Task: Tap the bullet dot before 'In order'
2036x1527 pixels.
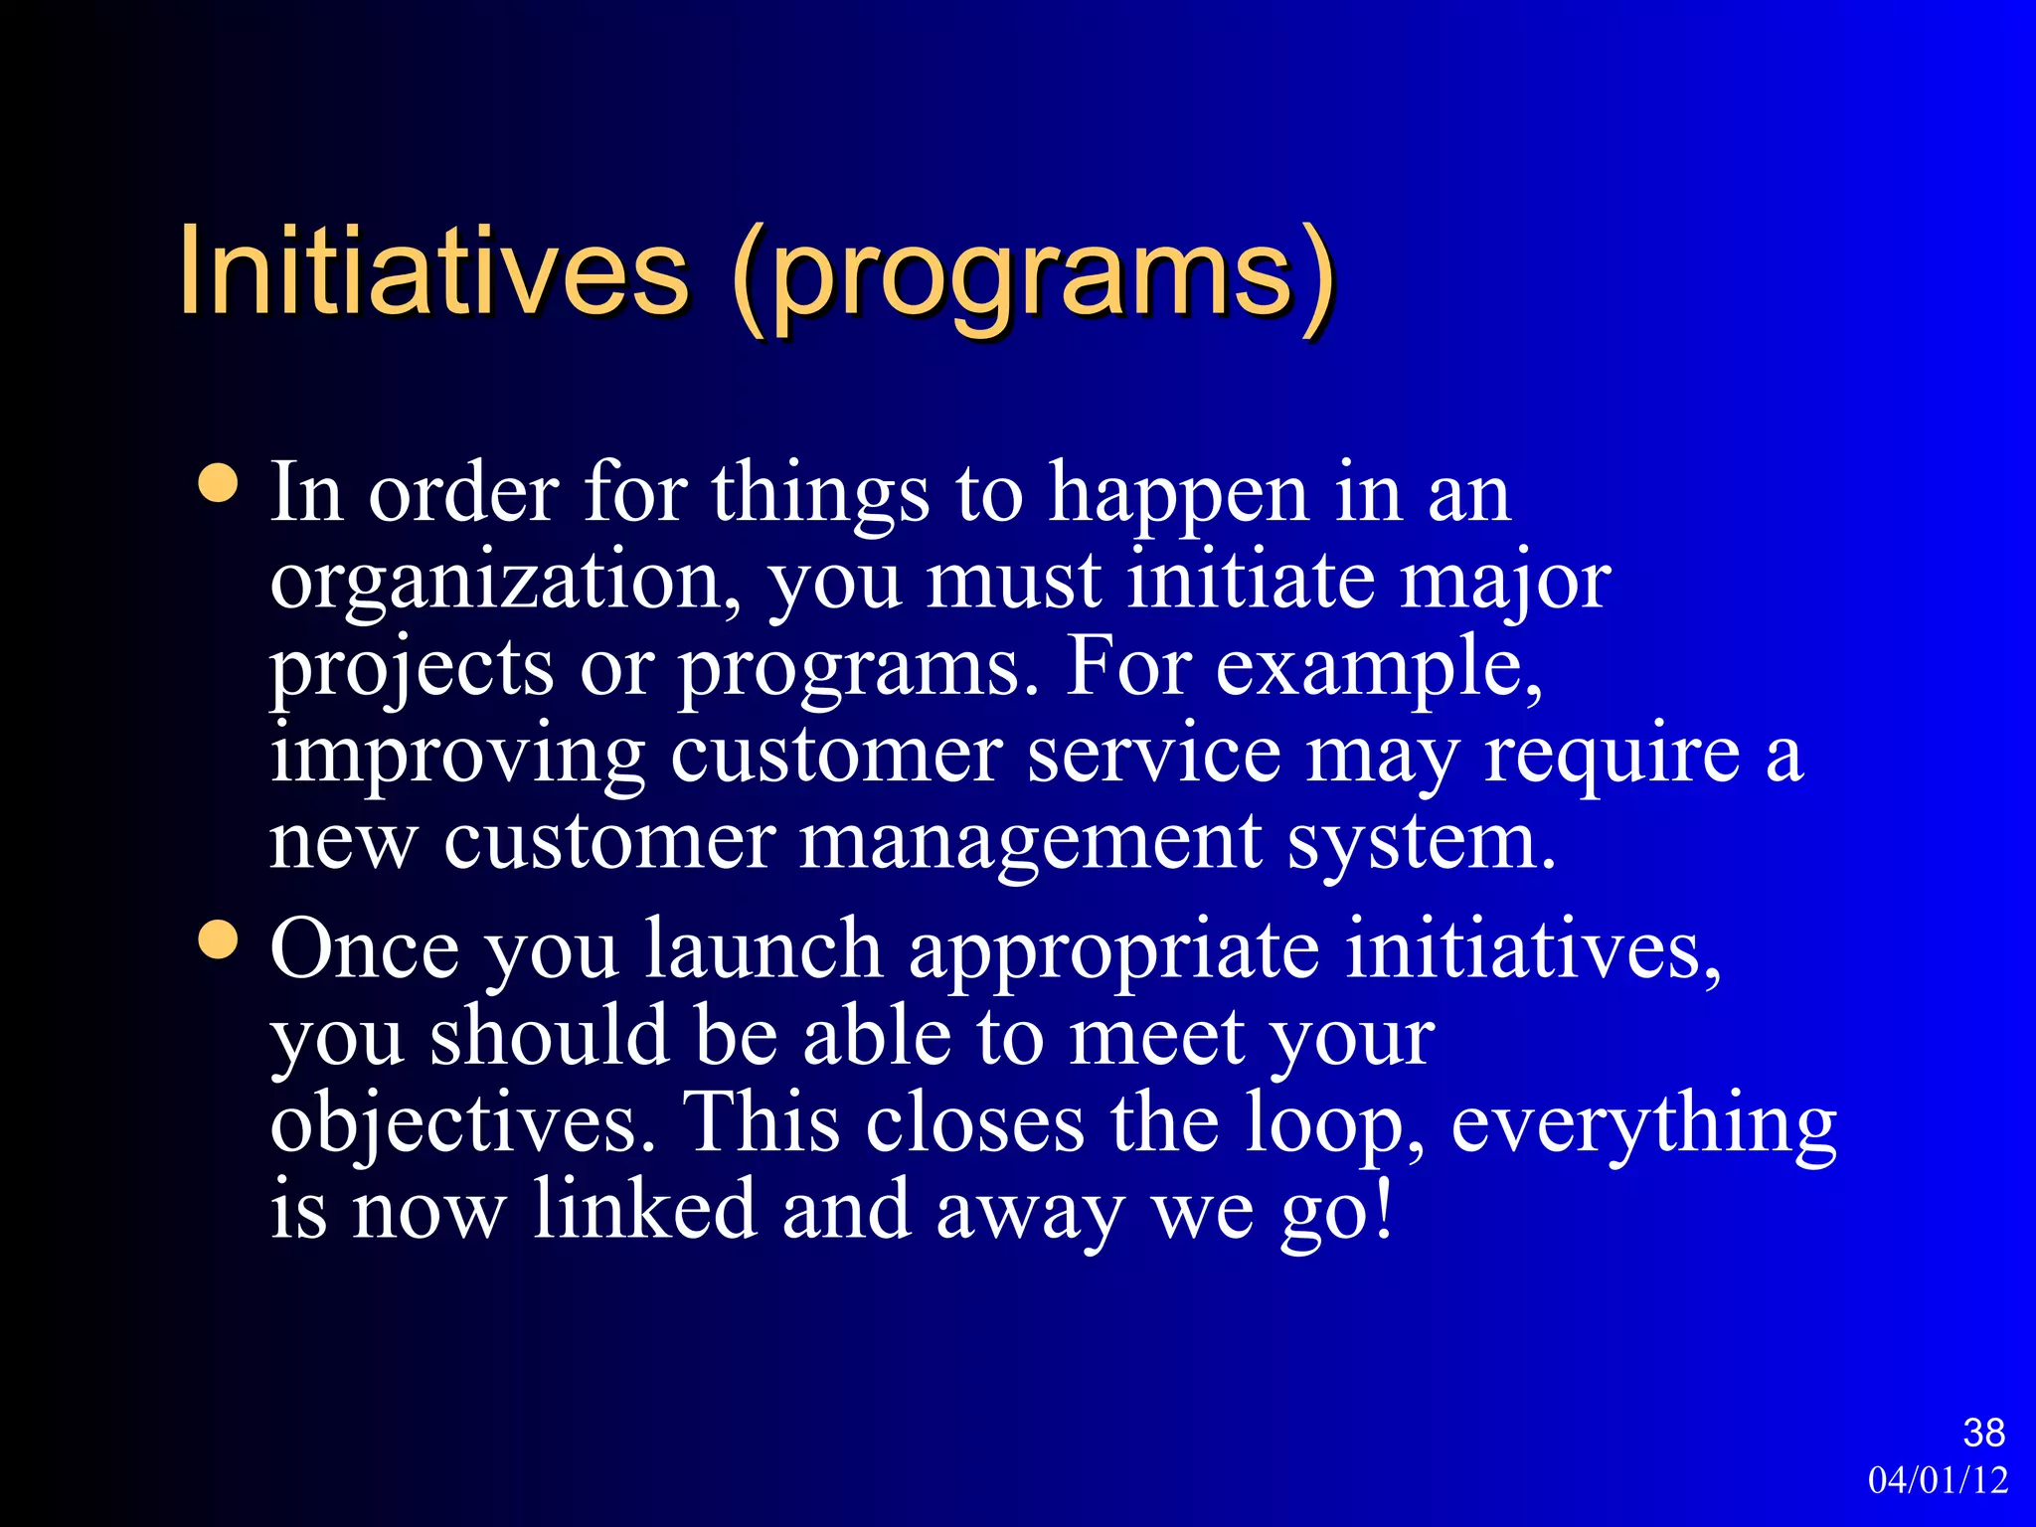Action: [x=218, y=483]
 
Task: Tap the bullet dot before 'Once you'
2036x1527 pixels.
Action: [x=218, y=939]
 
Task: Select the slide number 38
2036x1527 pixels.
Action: [x=1983, y=1433]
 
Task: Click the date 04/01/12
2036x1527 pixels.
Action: [x=1938, y=1480]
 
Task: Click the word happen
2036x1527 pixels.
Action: [x=1179, y=495]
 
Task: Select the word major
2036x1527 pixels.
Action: [x=1505, y=583]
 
